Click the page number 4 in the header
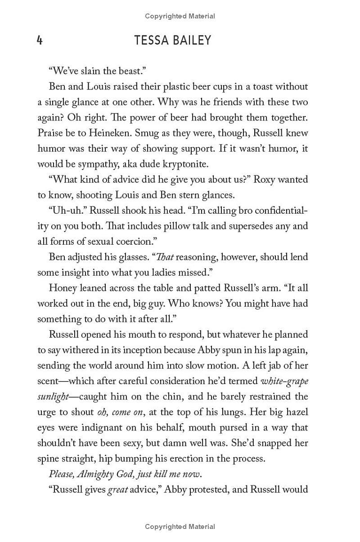(40, 41)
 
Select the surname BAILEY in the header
(192, 41)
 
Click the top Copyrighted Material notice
(180, 16)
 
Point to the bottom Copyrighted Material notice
(180, 526)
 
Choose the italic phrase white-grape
(284, 381)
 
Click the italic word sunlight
(53, 397)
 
